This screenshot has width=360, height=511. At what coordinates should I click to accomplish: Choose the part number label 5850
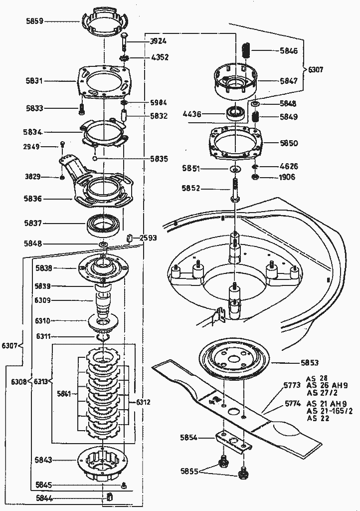coord(289,143)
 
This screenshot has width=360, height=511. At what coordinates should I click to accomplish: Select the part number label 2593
coord(148,238)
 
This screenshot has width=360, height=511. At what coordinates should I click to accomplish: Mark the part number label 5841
coord(64,394)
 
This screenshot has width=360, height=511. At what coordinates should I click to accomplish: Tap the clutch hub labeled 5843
coord(102,463)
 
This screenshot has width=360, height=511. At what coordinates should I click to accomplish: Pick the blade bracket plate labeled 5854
coord(232,442)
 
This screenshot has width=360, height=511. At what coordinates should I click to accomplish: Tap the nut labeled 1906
coord(255,178)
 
